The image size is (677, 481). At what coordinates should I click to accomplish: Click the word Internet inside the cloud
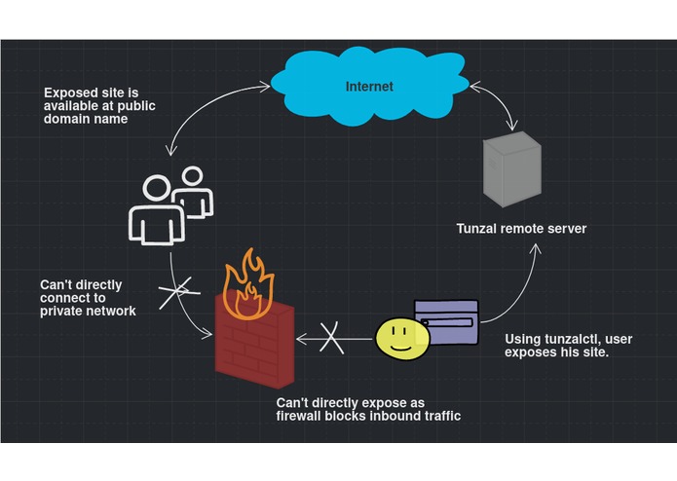coord(369,87)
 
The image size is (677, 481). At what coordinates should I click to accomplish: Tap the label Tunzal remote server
coord(521,229)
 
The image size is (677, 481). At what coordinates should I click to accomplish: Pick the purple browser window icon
coord(448,320)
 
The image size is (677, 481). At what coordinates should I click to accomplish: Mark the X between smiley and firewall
coord(332,338)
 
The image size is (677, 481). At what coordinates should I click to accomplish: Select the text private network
coord(88,311)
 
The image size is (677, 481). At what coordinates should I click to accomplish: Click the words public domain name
coord(94,122)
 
